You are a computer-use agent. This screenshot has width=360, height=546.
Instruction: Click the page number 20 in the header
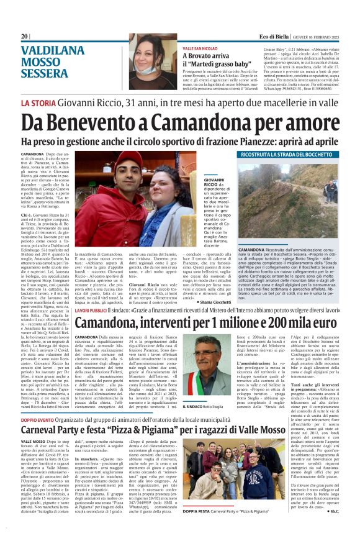pyautogui.click(x=24, y=36)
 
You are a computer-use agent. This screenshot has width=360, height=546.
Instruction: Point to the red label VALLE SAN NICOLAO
pyautogui.click(x=200, y=48)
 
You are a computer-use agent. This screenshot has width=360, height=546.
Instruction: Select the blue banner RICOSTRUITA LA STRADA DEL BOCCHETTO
pyautogui.click(x=289, y=153)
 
